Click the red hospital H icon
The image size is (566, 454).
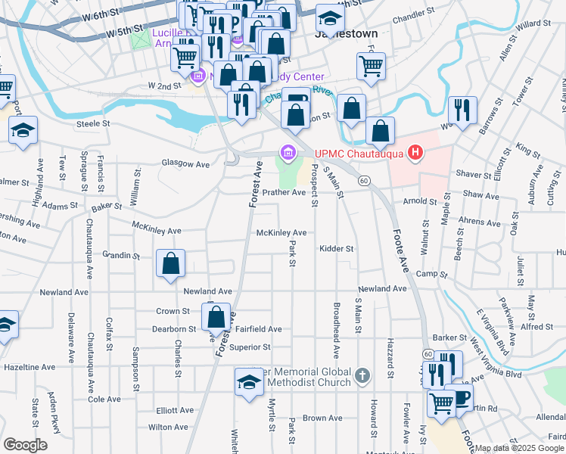415,154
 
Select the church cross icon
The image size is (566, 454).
362,376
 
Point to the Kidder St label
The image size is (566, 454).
336,248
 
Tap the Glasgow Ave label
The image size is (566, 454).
185,163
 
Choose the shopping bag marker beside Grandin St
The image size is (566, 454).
171,264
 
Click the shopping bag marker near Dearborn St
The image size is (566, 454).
216,317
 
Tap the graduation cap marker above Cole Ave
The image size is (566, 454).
249,382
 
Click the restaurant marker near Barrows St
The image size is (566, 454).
462,110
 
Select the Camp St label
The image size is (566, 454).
427,273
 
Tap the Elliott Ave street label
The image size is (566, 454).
176,410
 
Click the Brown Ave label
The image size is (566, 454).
322,418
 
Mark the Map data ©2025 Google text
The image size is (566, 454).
518,448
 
